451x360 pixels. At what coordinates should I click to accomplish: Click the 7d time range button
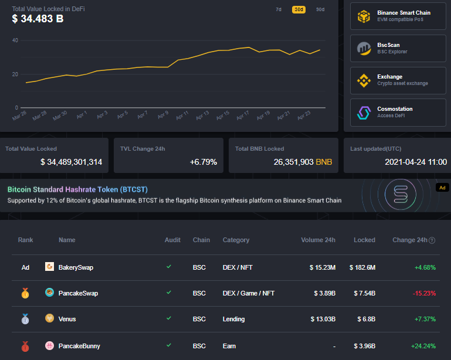pyautogui.click(x=279, y=9)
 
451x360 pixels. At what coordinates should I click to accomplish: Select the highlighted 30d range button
pyautogui.click(x=299, y=9)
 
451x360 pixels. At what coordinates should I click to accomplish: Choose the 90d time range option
pyautogui.click(x=320, y=9)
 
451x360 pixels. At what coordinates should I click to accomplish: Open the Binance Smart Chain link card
pyautogui.click(x=398, y=16)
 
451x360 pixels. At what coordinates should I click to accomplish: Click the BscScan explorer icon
pyautogui.click(x=364, y=49)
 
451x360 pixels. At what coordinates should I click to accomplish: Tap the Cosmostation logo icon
pyautogui.click(x=364, y=113)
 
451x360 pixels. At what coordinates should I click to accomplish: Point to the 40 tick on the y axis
pyautogui.click(x=15, y=40)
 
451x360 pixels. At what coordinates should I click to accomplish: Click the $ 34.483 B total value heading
pyautogui.click(x=38, y=19)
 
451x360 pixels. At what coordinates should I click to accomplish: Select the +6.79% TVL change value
pyautogui.click(x=203, y=162)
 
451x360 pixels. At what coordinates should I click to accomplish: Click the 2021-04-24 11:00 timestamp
pyautogui.click(x=416, y=162)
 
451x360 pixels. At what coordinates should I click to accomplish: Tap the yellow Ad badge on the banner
pyautogui.click(x=442, y=188)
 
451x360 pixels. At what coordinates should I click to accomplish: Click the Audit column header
pyautogui.click(x=172, y=240)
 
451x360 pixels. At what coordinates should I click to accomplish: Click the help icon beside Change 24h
pyautogui.click(x=432, y=240)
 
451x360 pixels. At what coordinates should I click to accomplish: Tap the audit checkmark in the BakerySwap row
pyautogui.click(x=169, y=267)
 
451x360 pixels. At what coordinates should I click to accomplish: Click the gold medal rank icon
pyautogui.click(x=25, y=293)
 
